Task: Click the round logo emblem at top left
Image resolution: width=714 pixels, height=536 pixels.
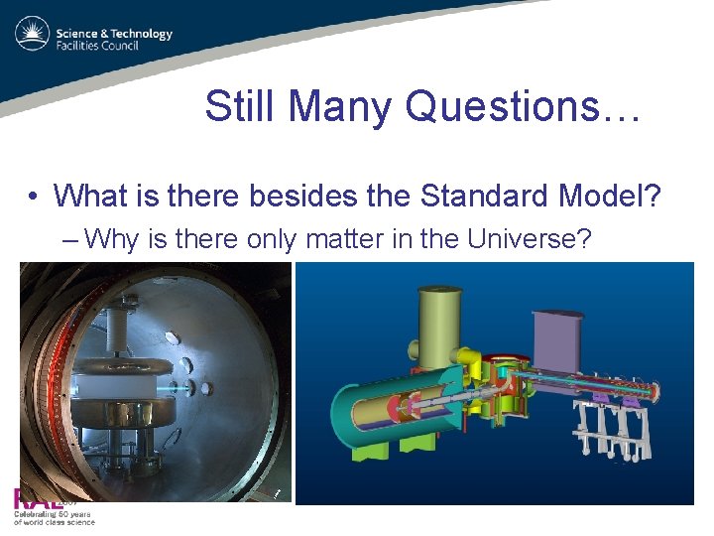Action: click(32, 35)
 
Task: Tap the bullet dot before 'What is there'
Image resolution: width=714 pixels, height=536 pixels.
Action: click(34, 197)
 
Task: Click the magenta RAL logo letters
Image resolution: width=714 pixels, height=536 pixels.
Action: click(35, 499)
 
